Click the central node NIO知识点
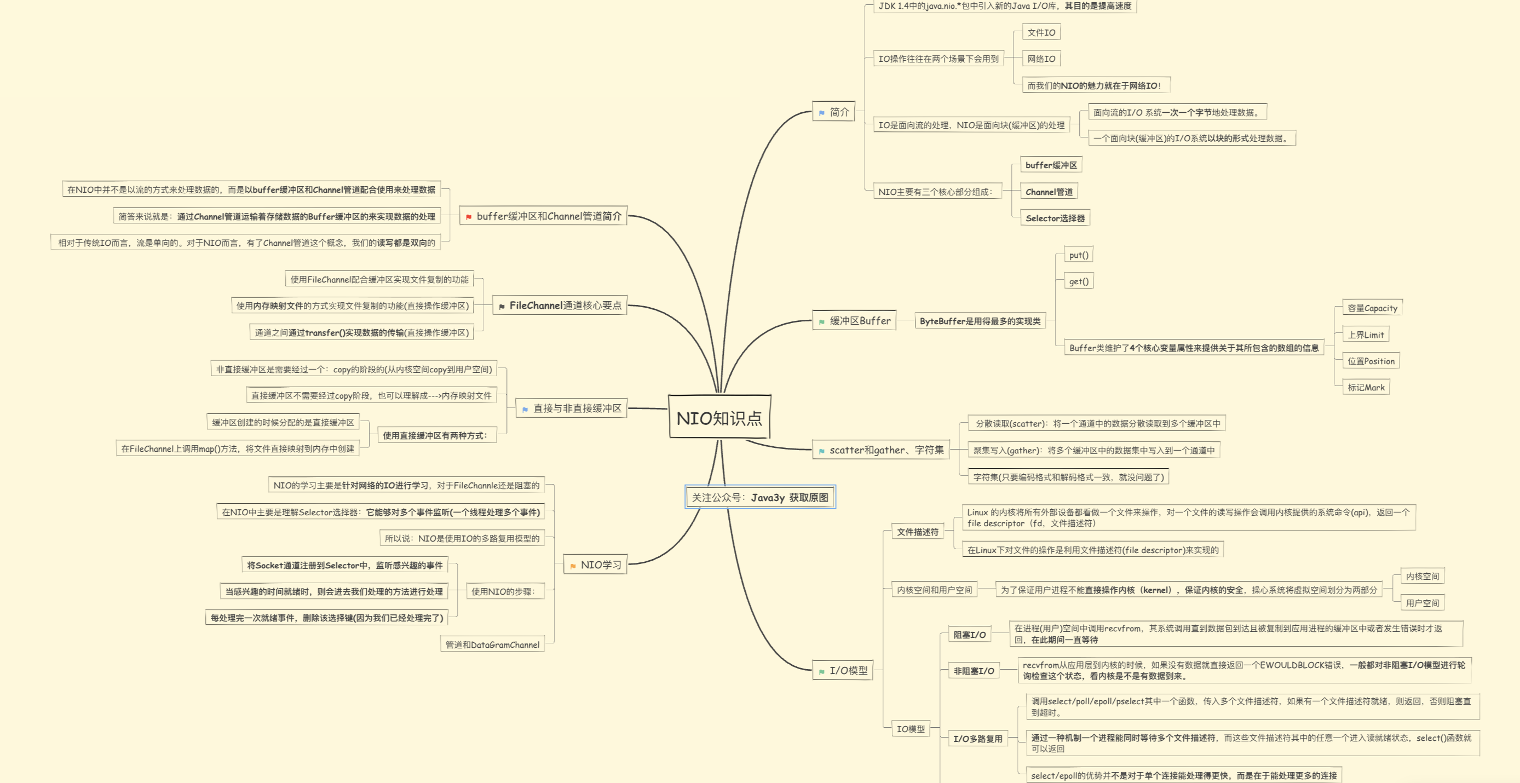point(719,417)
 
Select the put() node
point(1078,255)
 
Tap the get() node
point(1078,281)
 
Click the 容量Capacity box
point(1372,308)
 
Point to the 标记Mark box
point(1366,388)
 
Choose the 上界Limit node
point(1366,335)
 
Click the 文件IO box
point(1041,32)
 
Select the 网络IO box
point(1041,59)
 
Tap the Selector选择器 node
point(1055,218)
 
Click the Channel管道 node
point(1049,192)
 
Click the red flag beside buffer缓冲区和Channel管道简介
point(469,217)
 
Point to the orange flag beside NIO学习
point(572,566)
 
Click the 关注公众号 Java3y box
point(760,497)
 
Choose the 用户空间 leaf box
point(1422,603)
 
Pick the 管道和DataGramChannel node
point(492,645)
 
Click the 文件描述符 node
point(917,532)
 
